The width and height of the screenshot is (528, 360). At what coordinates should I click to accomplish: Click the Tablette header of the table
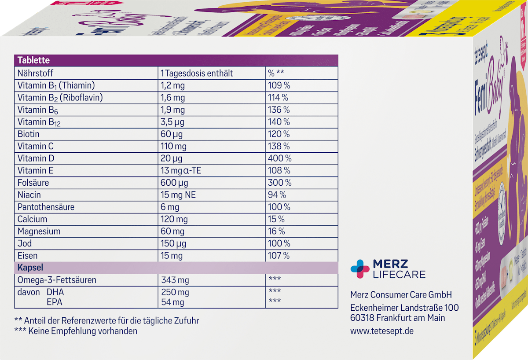[33, 61]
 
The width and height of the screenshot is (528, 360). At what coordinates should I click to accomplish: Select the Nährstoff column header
[35, 73]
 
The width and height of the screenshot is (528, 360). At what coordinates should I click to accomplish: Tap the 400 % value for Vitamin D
[279, 158]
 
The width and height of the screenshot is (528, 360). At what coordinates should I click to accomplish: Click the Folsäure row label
[33, 182]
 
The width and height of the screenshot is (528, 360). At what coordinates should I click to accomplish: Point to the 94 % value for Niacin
[277, 195]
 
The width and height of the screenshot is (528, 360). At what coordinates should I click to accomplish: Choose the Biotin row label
[29, 134]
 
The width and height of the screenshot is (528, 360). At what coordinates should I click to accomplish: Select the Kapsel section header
[29, 267]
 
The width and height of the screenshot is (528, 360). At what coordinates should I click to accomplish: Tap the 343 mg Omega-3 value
[175, 279]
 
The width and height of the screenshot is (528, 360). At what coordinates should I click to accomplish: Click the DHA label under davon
[55, 292]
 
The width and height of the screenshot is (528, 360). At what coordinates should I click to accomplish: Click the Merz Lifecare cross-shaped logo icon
[360, 268]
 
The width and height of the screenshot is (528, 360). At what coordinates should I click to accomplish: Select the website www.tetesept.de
[382, 331]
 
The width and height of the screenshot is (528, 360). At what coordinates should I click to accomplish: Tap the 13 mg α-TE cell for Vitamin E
[181, 170]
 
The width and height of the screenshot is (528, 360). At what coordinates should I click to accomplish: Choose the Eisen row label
[27, 255]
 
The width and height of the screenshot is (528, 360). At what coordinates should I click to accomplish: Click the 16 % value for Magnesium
[276, 231]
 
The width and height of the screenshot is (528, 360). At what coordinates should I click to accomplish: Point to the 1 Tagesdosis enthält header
[197, 73]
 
